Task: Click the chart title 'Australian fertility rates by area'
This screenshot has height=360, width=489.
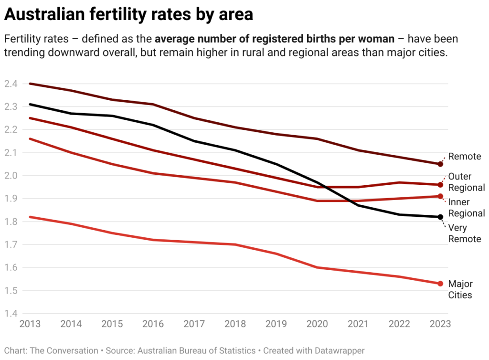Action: pos(128,15)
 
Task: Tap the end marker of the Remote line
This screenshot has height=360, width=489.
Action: pos(440,164)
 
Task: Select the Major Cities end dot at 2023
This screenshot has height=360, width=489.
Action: pos(440,284)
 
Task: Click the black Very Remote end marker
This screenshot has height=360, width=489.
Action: pos(440,217)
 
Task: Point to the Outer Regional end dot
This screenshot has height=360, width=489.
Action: pos(440,185)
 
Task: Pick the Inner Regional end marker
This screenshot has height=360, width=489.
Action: pos(440,196)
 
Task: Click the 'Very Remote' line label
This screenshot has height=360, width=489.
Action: pos(465,233)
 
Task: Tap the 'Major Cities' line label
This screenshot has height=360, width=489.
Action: pos(460,289)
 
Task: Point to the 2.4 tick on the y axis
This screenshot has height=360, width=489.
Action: pos(11,84)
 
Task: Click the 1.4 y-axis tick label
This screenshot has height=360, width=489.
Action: pos(11,314)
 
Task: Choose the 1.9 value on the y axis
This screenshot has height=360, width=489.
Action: pos(11,199)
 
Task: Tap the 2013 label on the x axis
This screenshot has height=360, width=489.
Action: pos(30,324)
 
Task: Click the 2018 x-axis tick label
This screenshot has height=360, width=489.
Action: pos(235,324)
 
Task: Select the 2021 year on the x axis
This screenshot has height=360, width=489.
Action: pos(358,324)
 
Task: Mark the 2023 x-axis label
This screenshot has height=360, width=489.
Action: pos(439,324)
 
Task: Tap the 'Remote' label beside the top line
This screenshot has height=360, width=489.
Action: pos(465,157)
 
